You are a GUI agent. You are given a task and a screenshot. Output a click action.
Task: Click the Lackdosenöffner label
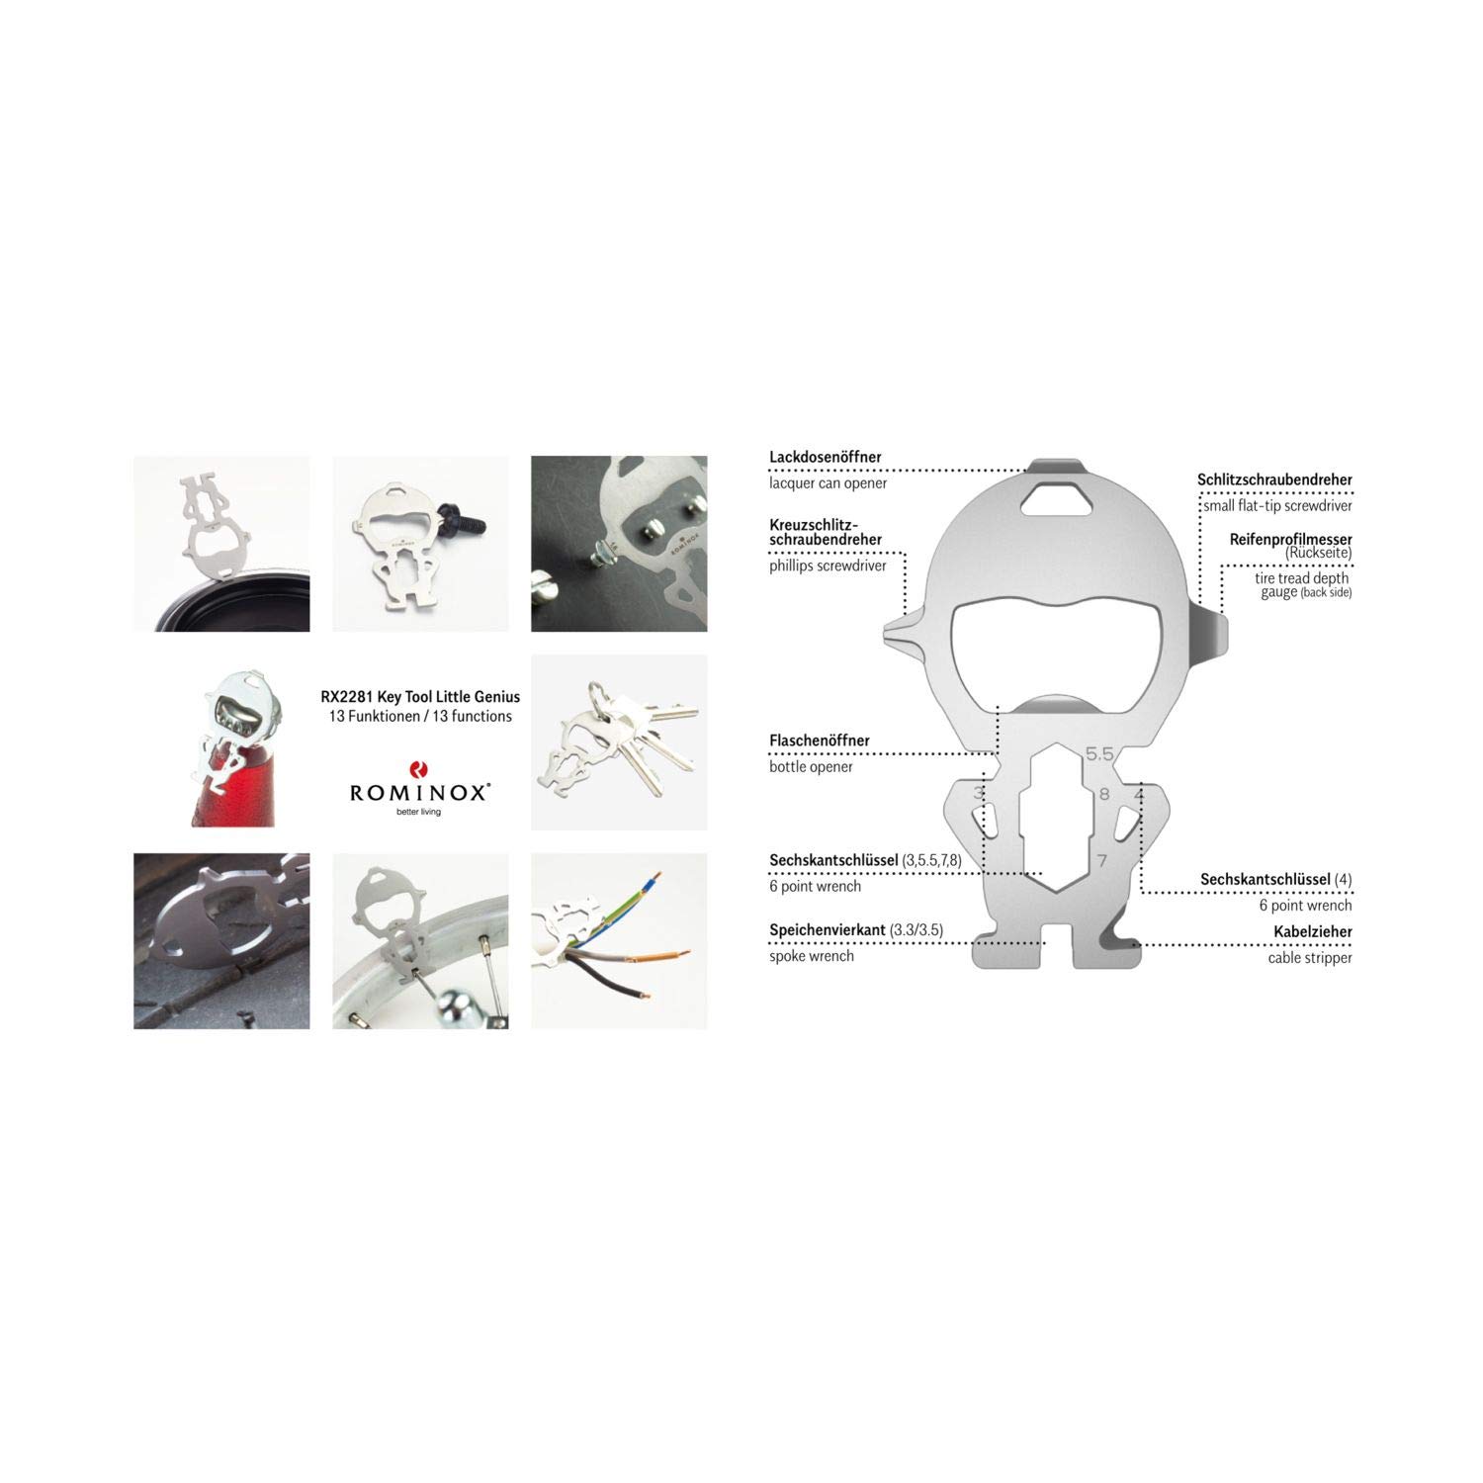pyautogui.click(x=826, y=458)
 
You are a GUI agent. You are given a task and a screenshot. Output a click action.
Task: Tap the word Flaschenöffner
pyautogui.click(x=820, y=741)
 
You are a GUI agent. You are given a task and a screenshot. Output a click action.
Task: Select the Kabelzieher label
pyautogui.click(x=1313, y=931)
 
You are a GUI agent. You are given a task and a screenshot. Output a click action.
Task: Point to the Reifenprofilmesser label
pyautogui.click(x=1291, y=540)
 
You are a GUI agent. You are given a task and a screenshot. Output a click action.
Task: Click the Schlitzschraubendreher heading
pyautogui.click(x=1274, y=480)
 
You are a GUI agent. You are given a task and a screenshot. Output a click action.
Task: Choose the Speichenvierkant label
pyautogui.click(x=828, y=930)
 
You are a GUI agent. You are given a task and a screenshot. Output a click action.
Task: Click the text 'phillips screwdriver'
pyautogui.click(x=829, y=566)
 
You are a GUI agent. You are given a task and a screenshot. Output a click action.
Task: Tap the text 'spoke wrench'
pyautogui.click(x=812, y=956)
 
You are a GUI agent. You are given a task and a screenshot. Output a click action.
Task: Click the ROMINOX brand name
pyautogui.click(x=420, y=792)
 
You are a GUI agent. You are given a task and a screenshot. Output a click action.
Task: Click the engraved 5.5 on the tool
pyautogui.click(x=1099, y=754)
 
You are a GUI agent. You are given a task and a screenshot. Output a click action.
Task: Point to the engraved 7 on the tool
pyautogui.click(x=1102, y=861)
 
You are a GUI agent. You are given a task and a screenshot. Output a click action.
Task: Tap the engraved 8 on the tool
pyautogui.click(x=1104, y=794)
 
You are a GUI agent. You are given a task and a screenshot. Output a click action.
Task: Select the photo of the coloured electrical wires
pyautogui.click(x=619, y=941)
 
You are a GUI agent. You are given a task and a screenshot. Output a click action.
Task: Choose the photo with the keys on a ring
pyautogui.click(x=619, y=742)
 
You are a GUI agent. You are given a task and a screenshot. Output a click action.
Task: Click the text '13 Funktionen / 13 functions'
pyautogui.click(x=420, y=716)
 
